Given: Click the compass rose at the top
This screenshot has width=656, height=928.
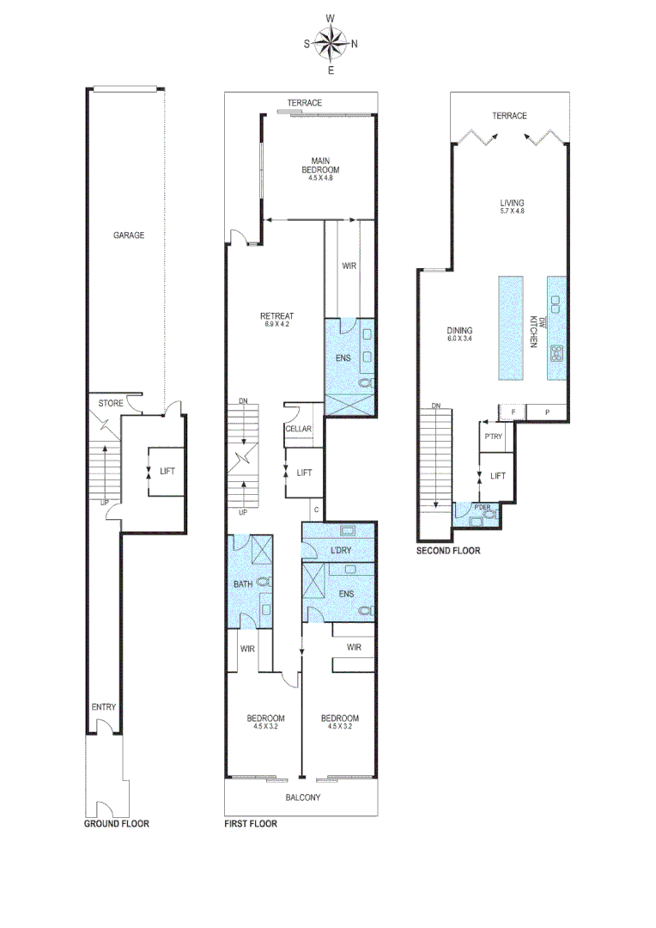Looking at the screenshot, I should tap(331, 42).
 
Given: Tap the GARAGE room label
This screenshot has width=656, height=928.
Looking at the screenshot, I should tap(129, 235).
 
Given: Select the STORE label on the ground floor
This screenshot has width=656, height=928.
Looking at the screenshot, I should tap(111, 403).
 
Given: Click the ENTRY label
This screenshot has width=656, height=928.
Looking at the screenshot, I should tap(104, 707).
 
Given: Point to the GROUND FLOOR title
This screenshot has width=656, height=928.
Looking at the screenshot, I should tap(116, 823).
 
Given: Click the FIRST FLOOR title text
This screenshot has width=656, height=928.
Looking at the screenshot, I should tap(251, 823).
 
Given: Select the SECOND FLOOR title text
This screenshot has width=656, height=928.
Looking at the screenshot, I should tap(448, 550).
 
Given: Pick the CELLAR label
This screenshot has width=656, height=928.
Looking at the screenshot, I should tap(298, 430).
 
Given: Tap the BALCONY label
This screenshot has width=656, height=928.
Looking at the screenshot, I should tap(303, 797).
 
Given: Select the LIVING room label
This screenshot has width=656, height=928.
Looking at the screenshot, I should tap(512, 204).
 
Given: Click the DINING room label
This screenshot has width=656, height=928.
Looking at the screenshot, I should tap(460, 330).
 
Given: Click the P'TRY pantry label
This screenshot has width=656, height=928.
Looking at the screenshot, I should tap(493, 437).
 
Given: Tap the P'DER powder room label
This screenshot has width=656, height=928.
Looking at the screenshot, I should tap(483, 507).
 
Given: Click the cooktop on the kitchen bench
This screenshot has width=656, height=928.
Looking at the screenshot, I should tap(556, 351).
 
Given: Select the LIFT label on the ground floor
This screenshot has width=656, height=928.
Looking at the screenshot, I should tap(167, 471).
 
